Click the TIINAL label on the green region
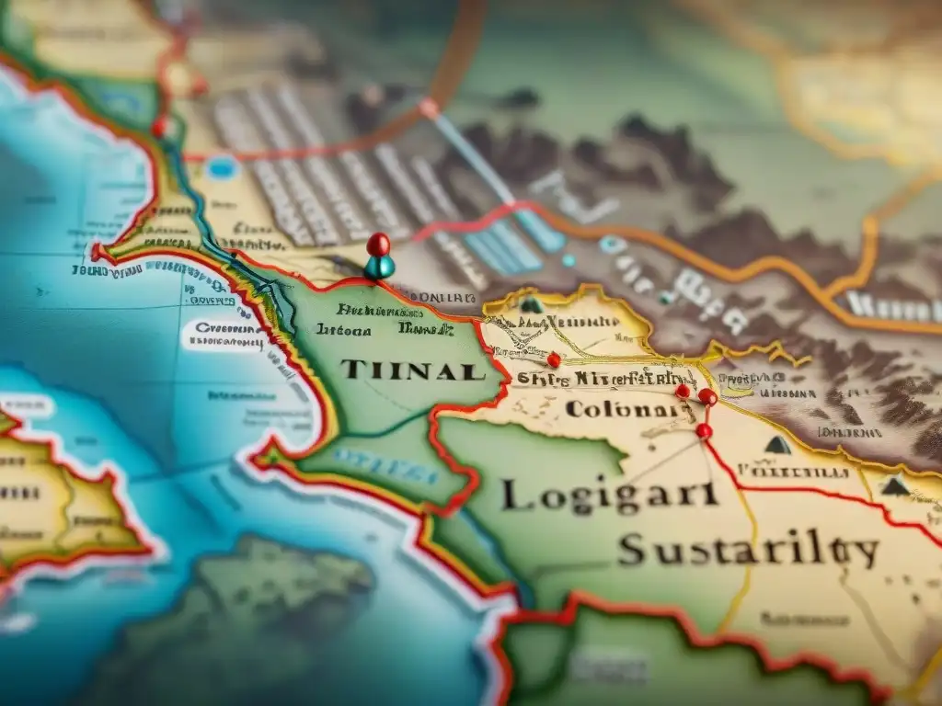click(412, 370)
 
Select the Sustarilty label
click(747, 552)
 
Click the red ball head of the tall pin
click(377, 245)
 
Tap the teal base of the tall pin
click(378, 268)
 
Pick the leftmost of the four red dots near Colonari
click(553, 359)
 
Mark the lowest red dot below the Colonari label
click(703, 430)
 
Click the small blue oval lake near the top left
click(221, 167)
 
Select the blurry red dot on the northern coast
click(160, 127)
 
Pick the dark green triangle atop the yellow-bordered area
click(531, 304)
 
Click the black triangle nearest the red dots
click(777, 445)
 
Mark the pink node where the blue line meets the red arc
click(429, 108)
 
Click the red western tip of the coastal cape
click(97, 252)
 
